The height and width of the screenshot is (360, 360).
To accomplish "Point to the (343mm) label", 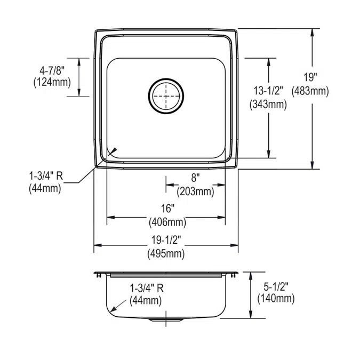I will click(x=268, y=105).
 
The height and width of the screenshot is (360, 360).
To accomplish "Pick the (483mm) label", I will click(x=311, y=91).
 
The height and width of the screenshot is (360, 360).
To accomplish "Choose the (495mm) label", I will click(x=166, y=254).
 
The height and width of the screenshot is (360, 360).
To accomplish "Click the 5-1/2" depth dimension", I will click(x=275, y=288).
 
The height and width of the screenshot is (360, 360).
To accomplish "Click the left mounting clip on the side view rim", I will click(x=99, y=274).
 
